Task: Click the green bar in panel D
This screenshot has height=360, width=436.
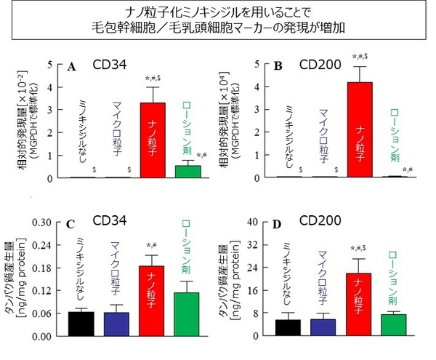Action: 393,326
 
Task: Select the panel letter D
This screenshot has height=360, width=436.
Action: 275,225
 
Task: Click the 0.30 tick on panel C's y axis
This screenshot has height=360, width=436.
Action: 44,222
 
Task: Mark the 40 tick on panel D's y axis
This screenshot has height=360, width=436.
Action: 251,222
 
